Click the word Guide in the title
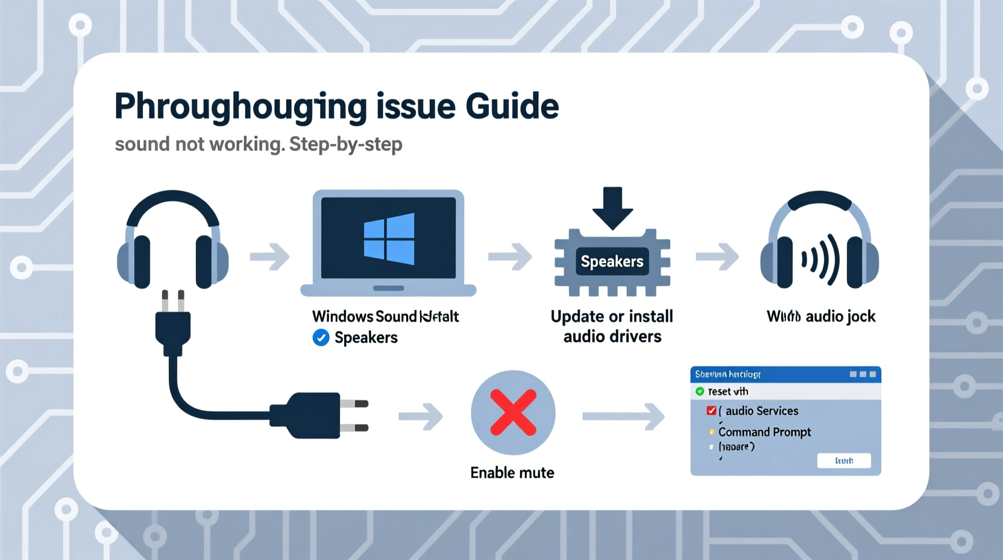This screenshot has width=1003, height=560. [512, 106]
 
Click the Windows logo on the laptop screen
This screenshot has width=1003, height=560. [389, 239]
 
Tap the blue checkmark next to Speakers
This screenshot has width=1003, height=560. [321, 338]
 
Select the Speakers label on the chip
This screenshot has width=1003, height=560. [612, 261]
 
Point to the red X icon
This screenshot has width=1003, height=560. [513, 413]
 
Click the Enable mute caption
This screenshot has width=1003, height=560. [512, 472]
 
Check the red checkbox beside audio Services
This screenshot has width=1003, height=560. [711, 411]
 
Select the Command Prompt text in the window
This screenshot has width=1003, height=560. [764, 432]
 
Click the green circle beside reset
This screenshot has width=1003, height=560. [700, 392]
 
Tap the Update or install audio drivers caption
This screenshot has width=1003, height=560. [612, 326]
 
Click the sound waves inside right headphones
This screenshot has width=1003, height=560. [820, 259]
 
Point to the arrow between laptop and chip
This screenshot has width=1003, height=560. [510, 256]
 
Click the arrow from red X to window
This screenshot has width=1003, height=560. [624, 416]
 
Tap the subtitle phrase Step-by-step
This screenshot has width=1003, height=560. [345, 144]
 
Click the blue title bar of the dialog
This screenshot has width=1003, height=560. [785, 374]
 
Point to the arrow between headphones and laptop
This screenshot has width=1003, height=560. [269, 256]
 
